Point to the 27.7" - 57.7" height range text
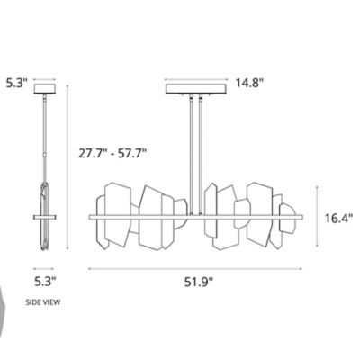[112, 154]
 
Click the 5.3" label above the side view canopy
[16, 82]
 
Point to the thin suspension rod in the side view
[45, 135]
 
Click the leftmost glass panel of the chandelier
[114, 217]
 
